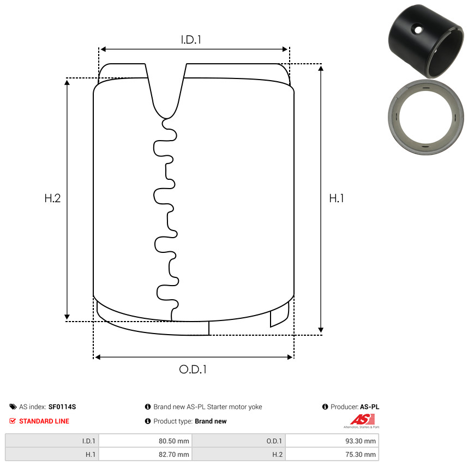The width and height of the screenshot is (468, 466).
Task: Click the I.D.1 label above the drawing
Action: coord(191,40)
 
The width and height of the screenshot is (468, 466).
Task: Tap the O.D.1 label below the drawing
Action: coord(193,370)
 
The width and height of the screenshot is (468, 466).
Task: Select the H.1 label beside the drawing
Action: coord(337,198)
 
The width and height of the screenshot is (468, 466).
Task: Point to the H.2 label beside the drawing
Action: coord(52,198)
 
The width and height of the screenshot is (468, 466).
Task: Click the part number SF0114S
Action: coord(62,407)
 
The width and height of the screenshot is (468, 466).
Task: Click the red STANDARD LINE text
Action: coord(44,421)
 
